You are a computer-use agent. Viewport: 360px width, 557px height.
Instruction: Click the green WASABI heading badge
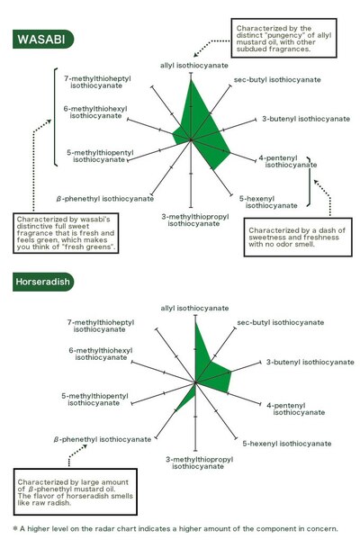tap(43, 39)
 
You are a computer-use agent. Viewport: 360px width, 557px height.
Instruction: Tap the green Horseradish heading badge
tap(43, 282)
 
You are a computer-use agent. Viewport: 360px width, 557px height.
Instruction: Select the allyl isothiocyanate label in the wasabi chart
tap(194, 66)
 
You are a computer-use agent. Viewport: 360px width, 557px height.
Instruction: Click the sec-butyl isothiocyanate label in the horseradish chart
tap(281, 322)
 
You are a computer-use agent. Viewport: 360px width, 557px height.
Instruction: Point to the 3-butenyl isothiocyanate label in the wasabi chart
tap(306, 119)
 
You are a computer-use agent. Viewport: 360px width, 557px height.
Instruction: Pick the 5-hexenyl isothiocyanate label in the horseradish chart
tap(287, 444)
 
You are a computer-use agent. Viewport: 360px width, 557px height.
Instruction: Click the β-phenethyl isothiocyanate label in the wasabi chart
tap(104, 199)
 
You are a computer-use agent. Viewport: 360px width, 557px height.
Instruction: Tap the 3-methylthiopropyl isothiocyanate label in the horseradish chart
tap(199, 463)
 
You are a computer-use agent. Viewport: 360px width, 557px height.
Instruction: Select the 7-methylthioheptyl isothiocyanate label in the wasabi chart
tap(97, 82)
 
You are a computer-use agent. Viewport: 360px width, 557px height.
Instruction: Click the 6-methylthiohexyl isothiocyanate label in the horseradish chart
tap(101, 355)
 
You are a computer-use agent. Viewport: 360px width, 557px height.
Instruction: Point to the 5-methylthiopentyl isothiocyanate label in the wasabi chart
tap(100, 156)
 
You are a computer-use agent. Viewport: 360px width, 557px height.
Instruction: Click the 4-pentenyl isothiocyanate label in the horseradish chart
tap(296, 409)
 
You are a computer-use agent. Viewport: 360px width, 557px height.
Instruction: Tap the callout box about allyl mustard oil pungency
tap(283, 39)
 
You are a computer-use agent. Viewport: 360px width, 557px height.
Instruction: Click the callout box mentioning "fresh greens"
tap(66, 233)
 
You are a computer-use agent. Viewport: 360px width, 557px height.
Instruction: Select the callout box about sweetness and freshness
tap(298, 237)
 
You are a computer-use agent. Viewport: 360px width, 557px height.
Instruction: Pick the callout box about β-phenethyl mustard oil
tap(76, 492)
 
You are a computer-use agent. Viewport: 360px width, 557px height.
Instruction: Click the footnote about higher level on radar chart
tap(175, 529)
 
